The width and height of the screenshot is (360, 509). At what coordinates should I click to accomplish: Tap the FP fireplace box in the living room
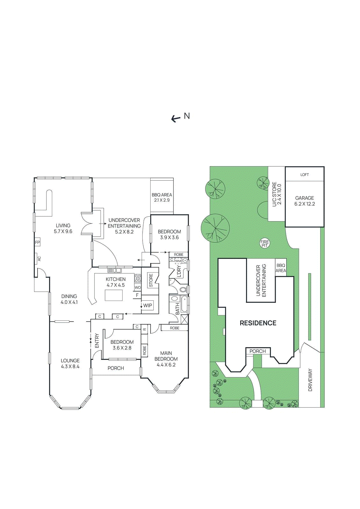(x=38, y=242)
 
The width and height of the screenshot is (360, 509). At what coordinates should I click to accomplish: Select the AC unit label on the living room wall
(x=39, y=259)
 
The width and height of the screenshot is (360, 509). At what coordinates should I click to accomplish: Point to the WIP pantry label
(x=148, y=305)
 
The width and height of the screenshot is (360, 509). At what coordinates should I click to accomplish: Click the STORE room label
(x=151, y=281)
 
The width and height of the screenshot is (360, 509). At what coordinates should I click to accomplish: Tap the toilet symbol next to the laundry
(x=183, y=289)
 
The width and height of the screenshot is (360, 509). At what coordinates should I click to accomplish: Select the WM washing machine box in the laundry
(x=178, y=261)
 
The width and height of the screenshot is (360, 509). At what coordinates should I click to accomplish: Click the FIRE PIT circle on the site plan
(x=265, y=244)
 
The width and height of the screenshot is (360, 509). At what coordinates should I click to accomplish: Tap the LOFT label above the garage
(x=305, y=175)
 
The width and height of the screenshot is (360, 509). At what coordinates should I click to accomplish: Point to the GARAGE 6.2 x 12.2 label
(x=305, y=201)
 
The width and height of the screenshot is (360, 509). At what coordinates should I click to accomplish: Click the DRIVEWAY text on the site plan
(x=310, y=380)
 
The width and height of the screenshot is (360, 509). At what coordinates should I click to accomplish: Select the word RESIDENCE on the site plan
(x=258, y=323)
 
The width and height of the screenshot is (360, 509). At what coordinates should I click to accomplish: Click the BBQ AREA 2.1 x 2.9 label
(x=162, y=197)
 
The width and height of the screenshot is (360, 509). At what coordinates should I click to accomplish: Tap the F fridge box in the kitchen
(x=138, y=295)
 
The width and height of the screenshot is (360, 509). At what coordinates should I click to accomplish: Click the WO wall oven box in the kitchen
(x=138, y=287)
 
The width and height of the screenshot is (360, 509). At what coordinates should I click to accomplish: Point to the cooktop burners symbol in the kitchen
(x=138, y=279)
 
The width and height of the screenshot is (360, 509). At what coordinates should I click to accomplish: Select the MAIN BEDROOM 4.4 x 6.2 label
(x=166, y=359)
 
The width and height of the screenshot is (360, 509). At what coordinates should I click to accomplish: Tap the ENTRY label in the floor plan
(x=97, y=340)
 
